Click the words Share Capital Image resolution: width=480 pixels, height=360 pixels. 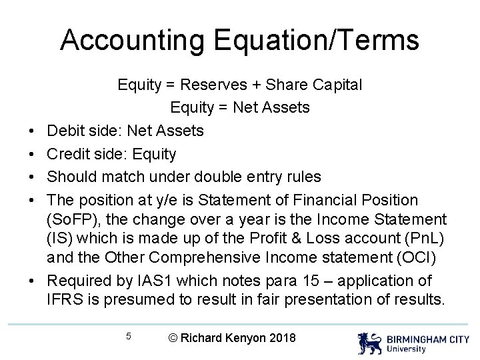tap(315, 85)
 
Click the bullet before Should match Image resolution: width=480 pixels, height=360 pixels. tap(32, 177)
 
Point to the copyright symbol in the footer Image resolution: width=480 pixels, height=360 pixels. tap(174, 337)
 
